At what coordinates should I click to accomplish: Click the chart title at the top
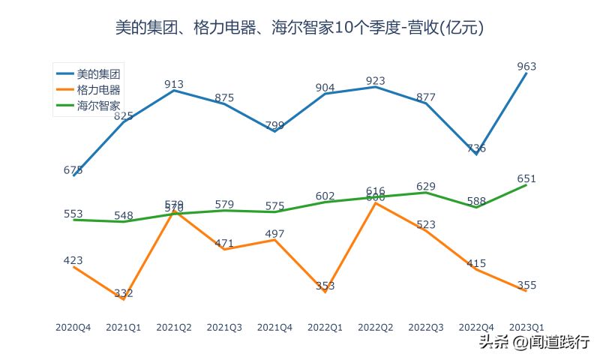click(x=299, y=28)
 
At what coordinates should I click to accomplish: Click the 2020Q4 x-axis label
click(x=73, y=327)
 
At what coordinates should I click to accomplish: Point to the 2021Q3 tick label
click(x=224, y=327)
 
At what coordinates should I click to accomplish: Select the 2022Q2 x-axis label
click(x=376, y=327)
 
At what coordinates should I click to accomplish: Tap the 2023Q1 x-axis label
click(x=526, y=327)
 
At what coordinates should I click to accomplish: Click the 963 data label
click(x=526, y=66)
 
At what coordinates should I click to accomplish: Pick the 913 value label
click(x=174, y=84)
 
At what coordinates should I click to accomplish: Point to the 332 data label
click(x=123, y=293)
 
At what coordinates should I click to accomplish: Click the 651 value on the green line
click(x=526, y=178)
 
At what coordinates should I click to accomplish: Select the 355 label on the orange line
click(x=526, y=285)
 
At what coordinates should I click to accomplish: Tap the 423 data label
click(x=73, y=260)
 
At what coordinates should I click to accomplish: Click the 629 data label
click(x=426, y=186)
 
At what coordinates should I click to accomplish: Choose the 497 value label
click(x=274, y=234)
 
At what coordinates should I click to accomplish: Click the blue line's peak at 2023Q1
click(x=526, y=73)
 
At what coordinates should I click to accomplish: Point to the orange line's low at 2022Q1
click(x=325, y=292)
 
